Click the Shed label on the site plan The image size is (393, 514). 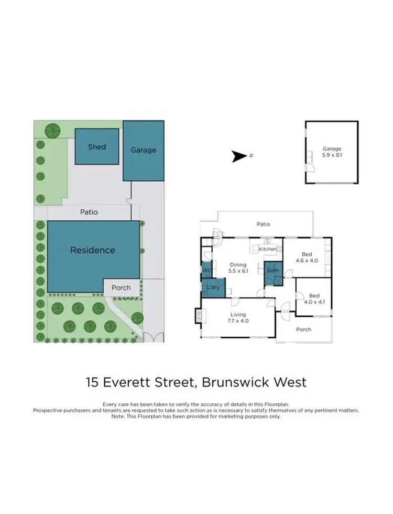tap(96, 147)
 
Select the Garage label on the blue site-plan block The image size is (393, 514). tap(143, 150)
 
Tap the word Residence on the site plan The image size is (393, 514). tap(92, 250)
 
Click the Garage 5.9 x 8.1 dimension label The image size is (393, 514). tap(332, 152)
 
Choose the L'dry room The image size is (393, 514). tap(213, 288)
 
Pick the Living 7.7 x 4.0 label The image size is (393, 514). tap(237, 316)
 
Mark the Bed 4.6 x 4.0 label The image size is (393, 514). tap(307, 257)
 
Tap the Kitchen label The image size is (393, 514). tap(267, 249)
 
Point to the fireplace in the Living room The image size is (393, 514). tap(198, 315)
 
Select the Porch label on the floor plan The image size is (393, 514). tap(303, 329)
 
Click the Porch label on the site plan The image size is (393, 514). tap(121, 287)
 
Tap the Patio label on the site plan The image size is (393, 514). tap(89, 212)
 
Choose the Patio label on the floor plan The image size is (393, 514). tap(263, 224)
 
